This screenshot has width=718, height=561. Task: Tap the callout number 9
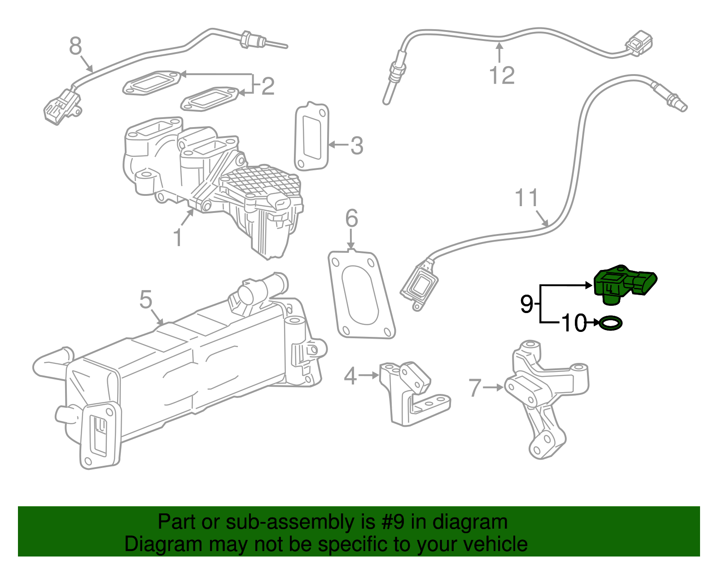click(526, 304)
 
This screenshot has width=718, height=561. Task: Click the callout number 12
click(502, 75)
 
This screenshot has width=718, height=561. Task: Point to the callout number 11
click(526, 198)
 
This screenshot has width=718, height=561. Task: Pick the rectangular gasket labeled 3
click(311, 137)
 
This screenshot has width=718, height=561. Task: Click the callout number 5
click(145, 300)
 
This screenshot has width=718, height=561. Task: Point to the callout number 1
click(178, 238)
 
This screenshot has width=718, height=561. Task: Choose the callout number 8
click(76, 46)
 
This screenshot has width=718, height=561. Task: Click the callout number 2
click(267, 86)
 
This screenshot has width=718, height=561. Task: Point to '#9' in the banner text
click(393, 522)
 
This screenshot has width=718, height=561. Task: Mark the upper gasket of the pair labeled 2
click(153, 83)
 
